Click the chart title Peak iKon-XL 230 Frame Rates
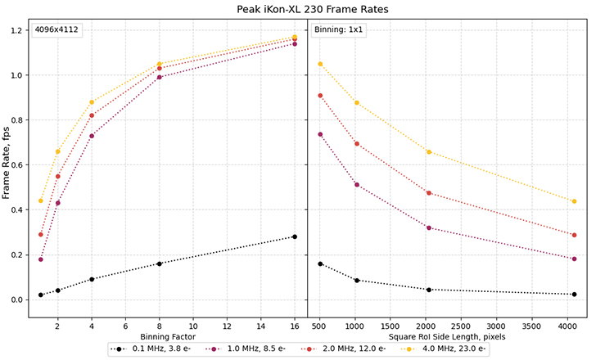click(x=307, y=9)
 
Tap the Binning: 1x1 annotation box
click(x=337, y=31)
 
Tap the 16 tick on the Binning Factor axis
click(x=294, y=325)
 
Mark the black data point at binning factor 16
click(x=294, y=236)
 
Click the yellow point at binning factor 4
click(x=92, y=102)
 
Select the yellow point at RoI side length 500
click(x=320, y=64)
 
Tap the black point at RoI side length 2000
click(x=429, y=290)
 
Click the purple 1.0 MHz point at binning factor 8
click(x=160, y=77)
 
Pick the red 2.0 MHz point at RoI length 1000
click(x=357, y=144)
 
